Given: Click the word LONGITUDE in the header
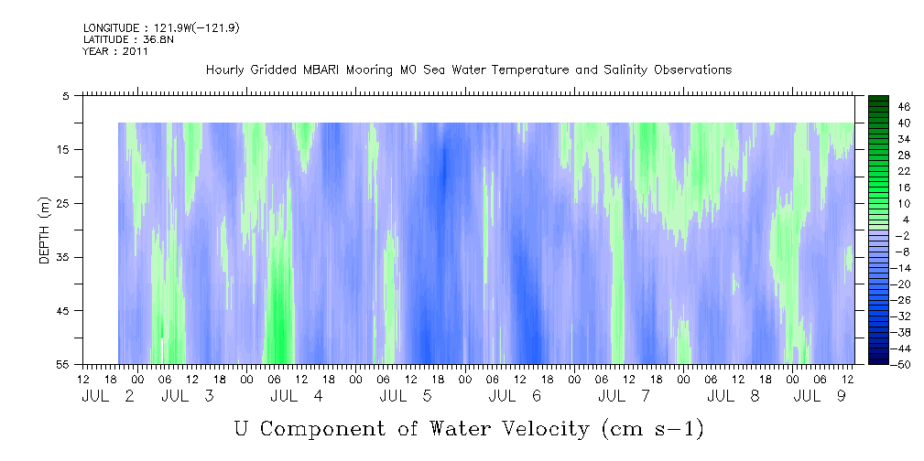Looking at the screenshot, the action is (111, 28).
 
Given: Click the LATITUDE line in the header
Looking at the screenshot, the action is (128, 39).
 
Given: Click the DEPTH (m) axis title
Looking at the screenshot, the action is (45, 230).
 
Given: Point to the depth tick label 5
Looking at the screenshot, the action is (65, 96).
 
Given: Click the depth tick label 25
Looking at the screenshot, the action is (62, 204).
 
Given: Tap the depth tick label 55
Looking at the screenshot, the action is (62, 364).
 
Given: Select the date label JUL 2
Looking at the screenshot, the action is (108, 396).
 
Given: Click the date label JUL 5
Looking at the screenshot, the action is (407, 396).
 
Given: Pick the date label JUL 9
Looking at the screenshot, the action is (821, 396).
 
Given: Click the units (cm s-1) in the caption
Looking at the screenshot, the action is (653, 429).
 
